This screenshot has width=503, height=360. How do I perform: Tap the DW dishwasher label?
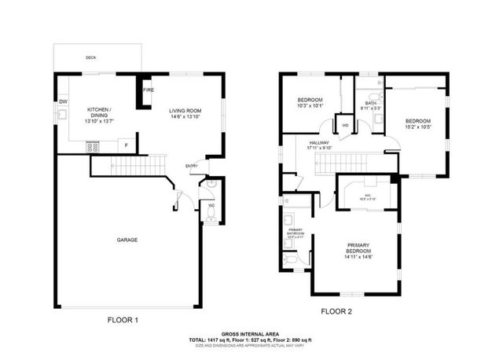63,102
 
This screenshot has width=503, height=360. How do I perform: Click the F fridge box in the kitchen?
125,146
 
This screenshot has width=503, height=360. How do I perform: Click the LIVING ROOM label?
186,111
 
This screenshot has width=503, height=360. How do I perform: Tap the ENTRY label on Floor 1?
192,166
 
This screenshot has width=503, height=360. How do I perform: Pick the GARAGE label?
128,240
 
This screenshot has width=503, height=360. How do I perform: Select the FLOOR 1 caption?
123,320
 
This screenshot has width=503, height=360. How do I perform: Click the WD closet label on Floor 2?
345,125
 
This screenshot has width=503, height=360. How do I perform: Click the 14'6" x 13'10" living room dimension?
186,117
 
